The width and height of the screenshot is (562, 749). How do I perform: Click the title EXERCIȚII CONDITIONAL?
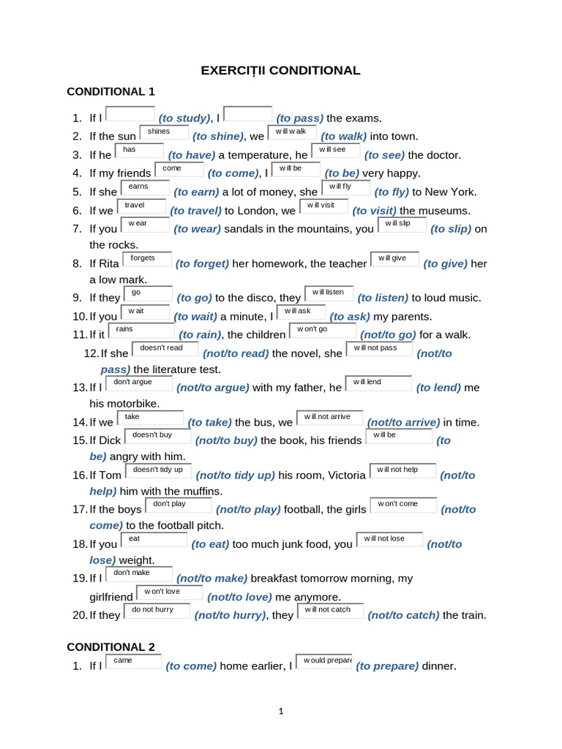[281, 71]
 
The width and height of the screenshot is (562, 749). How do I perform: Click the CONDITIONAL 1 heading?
[111, 91]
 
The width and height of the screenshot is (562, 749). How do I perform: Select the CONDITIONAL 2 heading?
[111, 647]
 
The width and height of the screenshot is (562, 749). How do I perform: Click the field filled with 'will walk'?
[292, 132]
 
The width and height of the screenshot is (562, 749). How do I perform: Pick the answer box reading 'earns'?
[143, 187]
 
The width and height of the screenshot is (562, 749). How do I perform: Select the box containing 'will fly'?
[345, 187]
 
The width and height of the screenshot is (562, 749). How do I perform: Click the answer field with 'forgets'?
[148, 259]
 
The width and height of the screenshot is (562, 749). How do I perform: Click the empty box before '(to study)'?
[131, 114]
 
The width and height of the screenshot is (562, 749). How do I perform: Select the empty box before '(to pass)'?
[248, 114]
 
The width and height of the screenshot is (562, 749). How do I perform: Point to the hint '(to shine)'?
[217, 137]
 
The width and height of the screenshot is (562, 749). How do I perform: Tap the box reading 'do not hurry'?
[157, 611]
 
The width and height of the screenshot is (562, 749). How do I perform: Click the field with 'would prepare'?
[323, 661]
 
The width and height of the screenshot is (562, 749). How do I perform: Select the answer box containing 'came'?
[134, 661]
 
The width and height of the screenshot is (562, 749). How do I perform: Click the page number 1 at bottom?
[281, 711]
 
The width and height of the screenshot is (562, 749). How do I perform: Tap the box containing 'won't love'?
[170, 592]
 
